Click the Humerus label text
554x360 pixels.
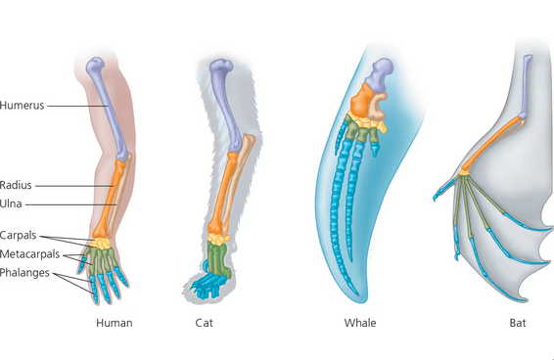[22, 106]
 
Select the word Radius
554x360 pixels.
[16, 185]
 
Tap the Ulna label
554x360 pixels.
[11, 203]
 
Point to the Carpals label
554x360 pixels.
[18, 236]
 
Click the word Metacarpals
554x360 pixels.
[29, 254]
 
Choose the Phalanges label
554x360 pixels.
[24, 273]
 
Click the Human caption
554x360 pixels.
[115, 323]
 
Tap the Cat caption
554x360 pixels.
[205, 323]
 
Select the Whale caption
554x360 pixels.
[360, 323]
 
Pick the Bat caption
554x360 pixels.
[518, 323]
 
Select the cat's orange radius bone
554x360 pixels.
[221, 194]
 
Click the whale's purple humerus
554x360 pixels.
[380, 73]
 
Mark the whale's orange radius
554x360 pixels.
[361, 100]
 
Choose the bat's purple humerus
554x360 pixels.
[526, 86]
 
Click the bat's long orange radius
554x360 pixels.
[491, 144]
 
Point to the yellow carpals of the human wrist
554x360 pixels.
[102, 244]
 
